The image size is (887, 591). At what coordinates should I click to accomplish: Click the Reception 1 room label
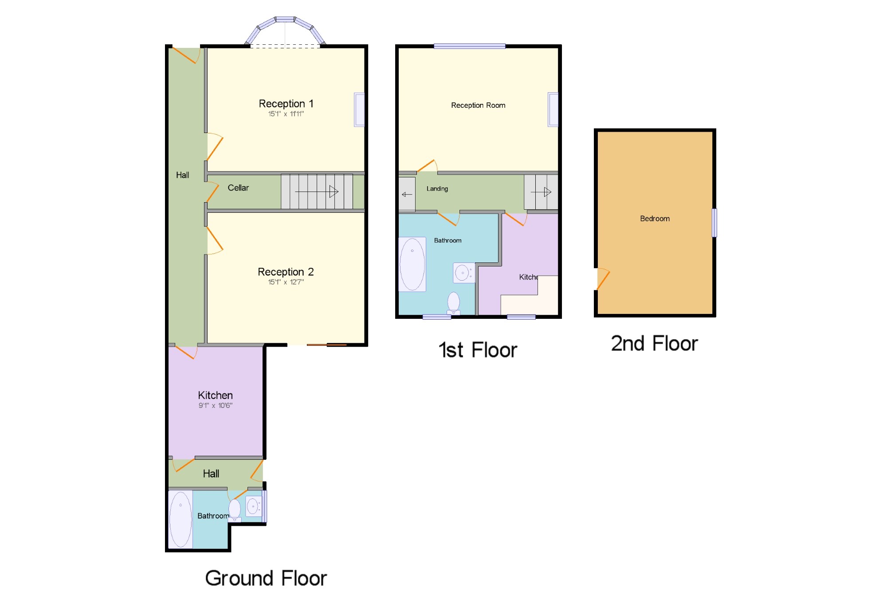coord(286,104)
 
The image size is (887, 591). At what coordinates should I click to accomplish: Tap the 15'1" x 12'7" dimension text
coord(286,282)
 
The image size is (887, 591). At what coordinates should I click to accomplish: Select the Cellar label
coord(238,188)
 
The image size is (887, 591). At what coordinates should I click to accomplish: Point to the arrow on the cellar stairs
coord(317,192)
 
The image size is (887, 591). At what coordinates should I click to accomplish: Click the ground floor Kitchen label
coord(215,395)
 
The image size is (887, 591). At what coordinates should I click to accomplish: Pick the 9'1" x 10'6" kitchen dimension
coord(216,405)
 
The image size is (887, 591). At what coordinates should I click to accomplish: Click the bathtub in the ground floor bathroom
coord(181,519)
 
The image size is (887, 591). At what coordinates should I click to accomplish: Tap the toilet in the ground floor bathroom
coord(235,510)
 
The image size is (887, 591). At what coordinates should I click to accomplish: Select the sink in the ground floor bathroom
coord(253,506)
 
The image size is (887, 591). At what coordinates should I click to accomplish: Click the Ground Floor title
coord(266,578)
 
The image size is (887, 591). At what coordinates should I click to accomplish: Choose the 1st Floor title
coord(478,350)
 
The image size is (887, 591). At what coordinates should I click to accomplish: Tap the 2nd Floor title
coord(655,344)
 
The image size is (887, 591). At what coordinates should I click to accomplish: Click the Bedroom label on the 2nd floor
coord(655,219)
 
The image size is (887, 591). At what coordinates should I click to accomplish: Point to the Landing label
coord(437,189)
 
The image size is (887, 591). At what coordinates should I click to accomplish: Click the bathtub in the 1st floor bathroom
coord(412,264)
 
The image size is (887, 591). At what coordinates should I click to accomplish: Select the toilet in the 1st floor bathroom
coord(454,304)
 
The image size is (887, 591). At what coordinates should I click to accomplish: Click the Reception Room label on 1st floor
coord(478,106)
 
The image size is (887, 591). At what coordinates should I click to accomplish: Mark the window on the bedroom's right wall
coord(714,223)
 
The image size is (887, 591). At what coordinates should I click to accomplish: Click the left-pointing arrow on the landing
coord(407,194)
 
